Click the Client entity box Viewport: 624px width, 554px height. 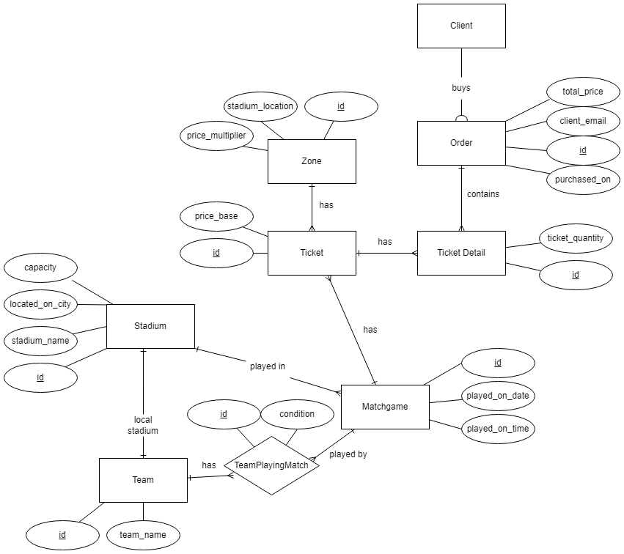tap(461, 26)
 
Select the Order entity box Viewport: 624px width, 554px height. tap(461, 143)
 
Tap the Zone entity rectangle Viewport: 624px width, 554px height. tap(312, 161)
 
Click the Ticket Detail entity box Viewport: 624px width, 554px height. tap(461, 253)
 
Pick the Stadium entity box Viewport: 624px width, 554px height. tap(150, 326)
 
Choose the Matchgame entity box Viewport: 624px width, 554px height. tap(385, 407)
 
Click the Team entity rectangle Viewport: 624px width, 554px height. tap(143, 480)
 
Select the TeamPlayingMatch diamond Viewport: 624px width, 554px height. tap(271, 465)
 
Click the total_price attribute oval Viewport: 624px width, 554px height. tap(583, 92)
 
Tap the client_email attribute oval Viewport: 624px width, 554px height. tap(583, 121)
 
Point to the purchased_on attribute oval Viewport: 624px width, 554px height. tap(583, 180)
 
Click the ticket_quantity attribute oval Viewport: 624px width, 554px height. tap(576, 238)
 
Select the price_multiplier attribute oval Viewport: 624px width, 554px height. tap(216, 136)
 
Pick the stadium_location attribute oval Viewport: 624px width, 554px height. tap(260, 106)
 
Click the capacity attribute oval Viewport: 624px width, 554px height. tap(40, 267)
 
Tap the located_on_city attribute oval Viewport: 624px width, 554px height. tap(40, 303)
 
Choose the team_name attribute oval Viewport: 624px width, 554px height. tap(143, 535)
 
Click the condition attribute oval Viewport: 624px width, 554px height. tap(297, 414)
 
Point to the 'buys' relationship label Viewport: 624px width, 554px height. tap(461, 88)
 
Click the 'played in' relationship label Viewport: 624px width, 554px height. tap(268, 366)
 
